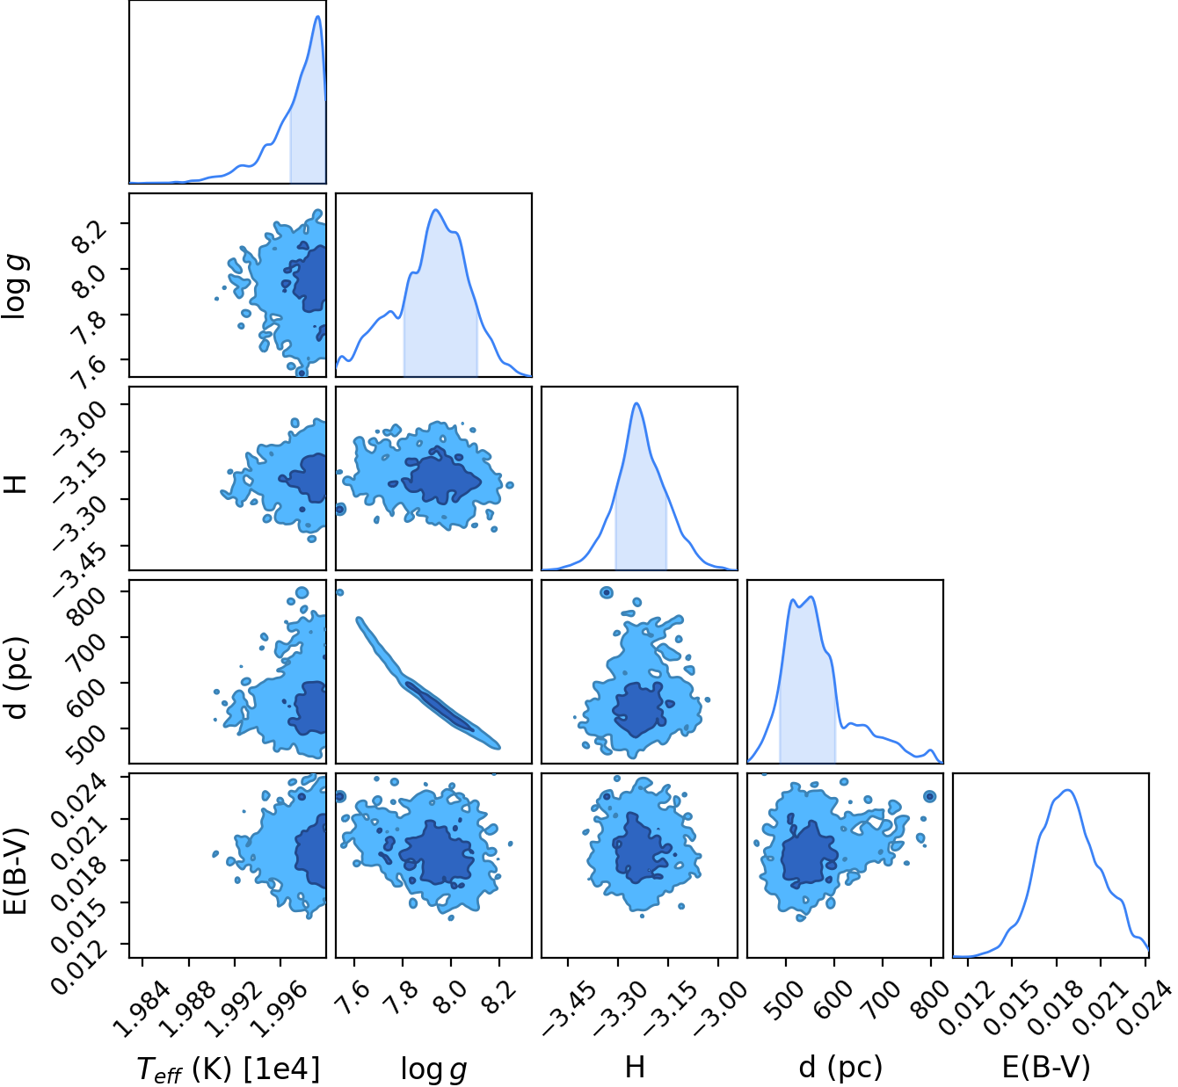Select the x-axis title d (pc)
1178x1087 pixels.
[x=840, y=1068]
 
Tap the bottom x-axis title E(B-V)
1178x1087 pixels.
[x=1046, y=1068]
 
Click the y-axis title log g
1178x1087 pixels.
[x=16, y=287]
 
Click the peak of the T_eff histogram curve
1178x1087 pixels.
[x=318, y=16]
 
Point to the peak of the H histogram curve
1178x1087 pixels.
[x=636, y=403]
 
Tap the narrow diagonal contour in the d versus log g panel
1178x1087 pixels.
[x=427, y=683]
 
